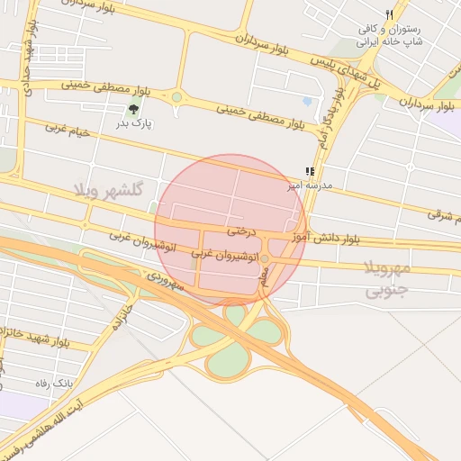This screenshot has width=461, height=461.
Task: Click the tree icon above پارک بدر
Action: pyautogui.click(x=134, y=109)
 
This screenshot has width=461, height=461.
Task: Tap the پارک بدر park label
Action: pyautogui.click(x=134, y=122)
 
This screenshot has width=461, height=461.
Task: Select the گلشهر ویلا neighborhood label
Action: pyautogui.click(x=111, y=190)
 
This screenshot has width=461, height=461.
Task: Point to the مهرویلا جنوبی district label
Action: pyautogui.click(x=388, y=279)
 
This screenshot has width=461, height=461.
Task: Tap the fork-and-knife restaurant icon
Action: pyautogui.click(x=389, y=15)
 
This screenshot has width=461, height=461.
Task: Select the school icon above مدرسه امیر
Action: pyautogui.click(x=309, y=171)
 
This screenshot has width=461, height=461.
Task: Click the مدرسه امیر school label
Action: pyautogui.click(x=310, y=185)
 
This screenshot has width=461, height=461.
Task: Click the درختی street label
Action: pyautogui.click(x=241, y=231)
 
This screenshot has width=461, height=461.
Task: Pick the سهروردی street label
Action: pyautogui.click(x=167, y=281)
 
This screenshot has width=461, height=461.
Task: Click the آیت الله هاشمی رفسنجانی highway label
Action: pyautogui.click(x=45, y=428)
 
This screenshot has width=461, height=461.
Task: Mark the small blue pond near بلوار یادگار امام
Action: pyautogui.click(x=308, y=102)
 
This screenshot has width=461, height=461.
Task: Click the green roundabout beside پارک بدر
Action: pyautogui.click(x=176, y=97)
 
